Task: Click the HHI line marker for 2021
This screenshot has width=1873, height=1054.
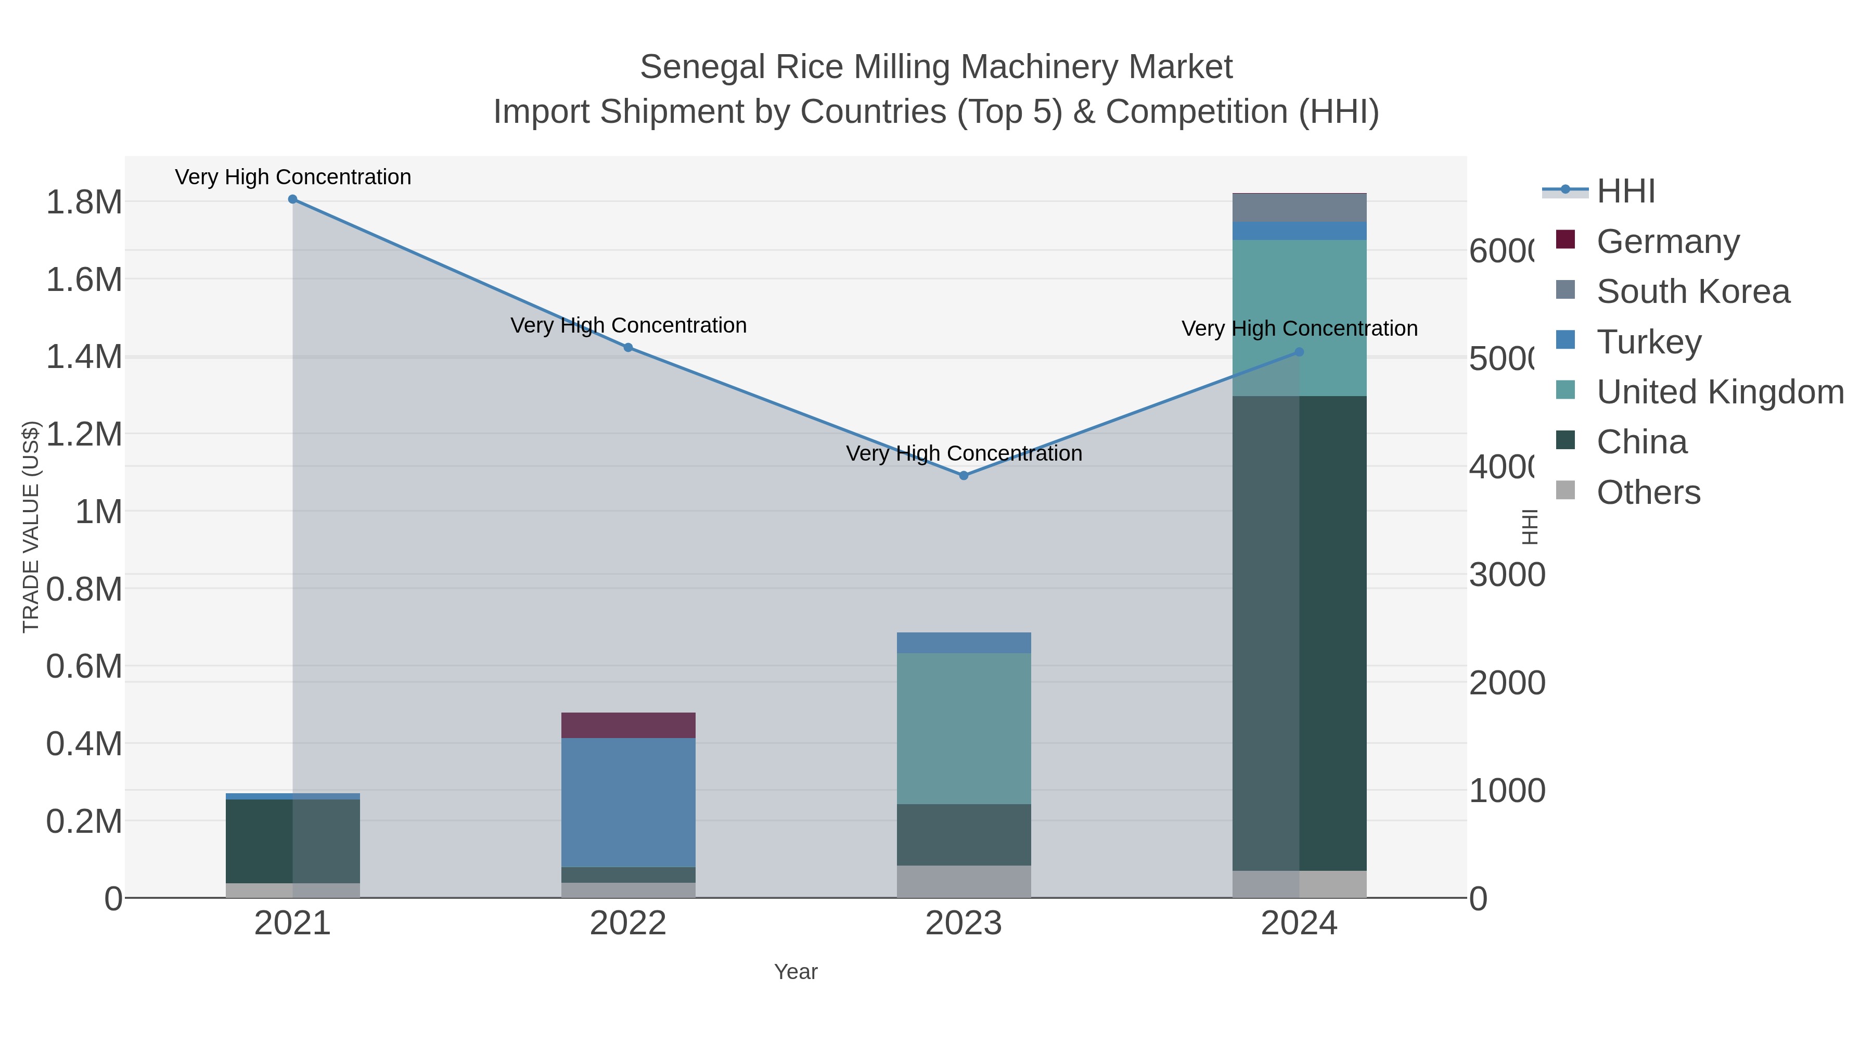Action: tap(292, 199)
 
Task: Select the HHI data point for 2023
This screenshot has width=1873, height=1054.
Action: tap(964, 476)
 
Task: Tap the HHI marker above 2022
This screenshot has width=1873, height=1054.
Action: tap(628, 348)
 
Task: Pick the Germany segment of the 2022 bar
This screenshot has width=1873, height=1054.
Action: tap(628, 725)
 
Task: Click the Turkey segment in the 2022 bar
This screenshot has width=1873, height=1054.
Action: tap(628, 802)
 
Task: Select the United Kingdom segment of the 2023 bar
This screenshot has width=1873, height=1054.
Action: tap(964, 728)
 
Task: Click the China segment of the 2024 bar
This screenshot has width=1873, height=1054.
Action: tap(1299, 633)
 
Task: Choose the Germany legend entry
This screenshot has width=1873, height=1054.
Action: tap(1667, 242)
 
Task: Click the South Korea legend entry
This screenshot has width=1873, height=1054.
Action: tap(1692, 291)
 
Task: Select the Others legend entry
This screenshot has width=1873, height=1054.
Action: tap(1648, 492)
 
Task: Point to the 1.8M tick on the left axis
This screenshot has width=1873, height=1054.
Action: tap(84, 202)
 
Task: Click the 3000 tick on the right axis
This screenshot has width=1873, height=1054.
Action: tap(1506, 575)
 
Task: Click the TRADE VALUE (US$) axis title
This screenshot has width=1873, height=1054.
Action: tap(31, 527)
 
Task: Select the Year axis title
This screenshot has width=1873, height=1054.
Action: tap(796, 972)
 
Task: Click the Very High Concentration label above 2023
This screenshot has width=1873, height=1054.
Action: tap(964, 453)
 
